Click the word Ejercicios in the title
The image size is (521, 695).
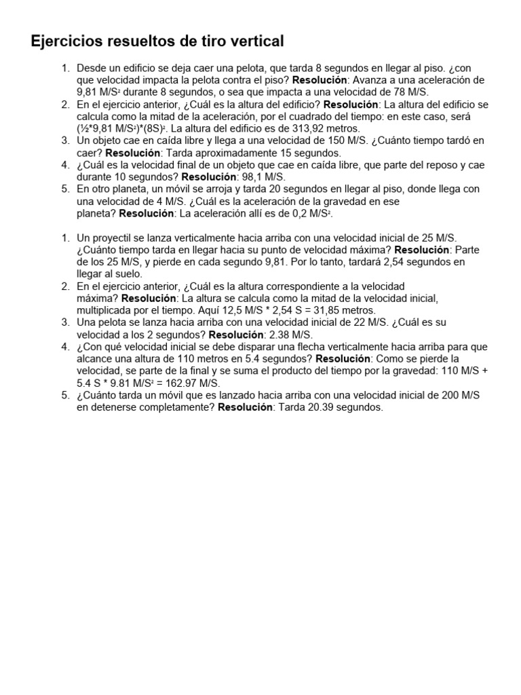click(66, 42)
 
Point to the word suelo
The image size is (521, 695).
click(127, 275)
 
